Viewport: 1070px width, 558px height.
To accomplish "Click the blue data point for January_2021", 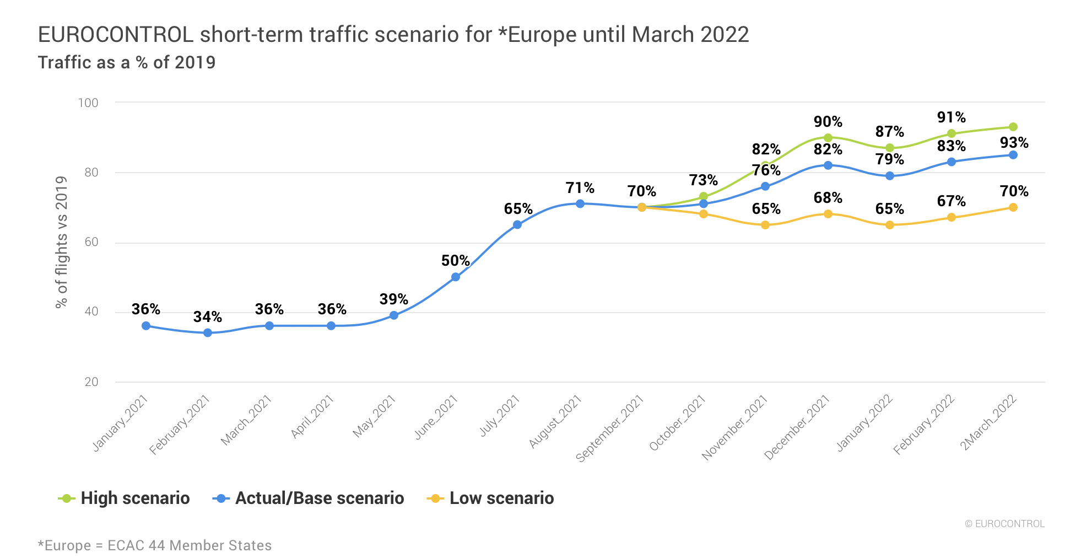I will [146, 326].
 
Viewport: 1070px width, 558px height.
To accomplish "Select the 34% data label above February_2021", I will [207, 317].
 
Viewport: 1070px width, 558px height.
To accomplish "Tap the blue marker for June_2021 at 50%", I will [456, 277].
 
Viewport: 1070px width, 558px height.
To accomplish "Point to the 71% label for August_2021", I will [580, 188].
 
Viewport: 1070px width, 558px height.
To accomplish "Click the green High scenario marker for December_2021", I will [828, 137].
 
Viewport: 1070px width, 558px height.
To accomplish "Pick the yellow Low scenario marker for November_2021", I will [765, 225].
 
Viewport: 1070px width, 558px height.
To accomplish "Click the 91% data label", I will [951, 117].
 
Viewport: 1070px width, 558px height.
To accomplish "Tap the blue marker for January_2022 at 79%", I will [890, 176].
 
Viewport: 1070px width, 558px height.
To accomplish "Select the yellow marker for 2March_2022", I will [1013, 207].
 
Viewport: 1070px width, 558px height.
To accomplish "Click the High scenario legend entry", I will [125, 498].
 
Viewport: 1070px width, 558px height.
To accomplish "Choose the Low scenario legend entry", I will [491, 498].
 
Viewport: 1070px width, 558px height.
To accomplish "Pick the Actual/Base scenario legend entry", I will [309, 498].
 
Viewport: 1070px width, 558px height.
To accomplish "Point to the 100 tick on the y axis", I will [88, 103].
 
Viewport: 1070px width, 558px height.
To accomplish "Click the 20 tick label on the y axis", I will [91, 382].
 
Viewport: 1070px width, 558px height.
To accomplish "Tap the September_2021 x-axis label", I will [610, 429].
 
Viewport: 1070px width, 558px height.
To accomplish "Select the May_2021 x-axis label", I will [375, 417].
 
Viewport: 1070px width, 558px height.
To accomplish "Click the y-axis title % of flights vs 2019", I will [61, 242].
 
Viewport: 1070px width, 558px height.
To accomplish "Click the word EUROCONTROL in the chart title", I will [116, 35].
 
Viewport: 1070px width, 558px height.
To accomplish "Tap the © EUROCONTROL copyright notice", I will [1004, 524].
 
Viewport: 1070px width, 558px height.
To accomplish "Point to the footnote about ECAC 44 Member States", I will [155, 545].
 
